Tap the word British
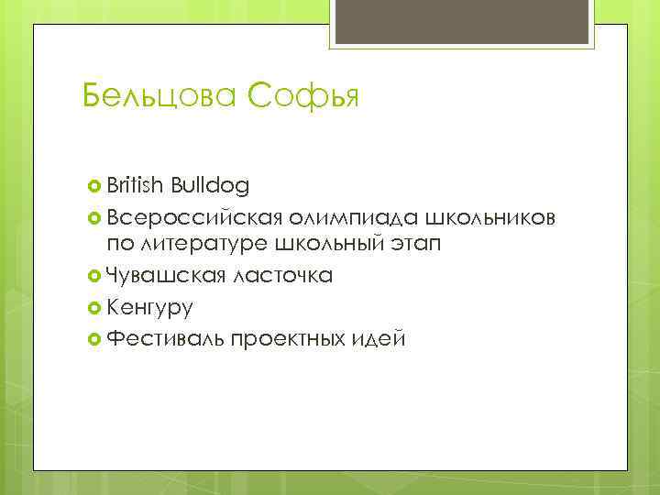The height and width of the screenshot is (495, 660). coord(134,187)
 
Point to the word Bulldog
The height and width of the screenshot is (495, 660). coord(208,187)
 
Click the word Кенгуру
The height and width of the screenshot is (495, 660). coord(148,306)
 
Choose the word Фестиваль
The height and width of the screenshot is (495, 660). coord(163,337)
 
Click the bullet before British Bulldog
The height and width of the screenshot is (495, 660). coord(93,188)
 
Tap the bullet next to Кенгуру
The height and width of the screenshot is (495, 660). coord(93,306)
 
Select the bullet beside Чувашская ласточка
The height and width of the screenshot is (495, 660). coord(93,274)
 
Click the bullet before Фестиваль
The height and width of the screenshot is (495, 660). coord(93,338)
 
